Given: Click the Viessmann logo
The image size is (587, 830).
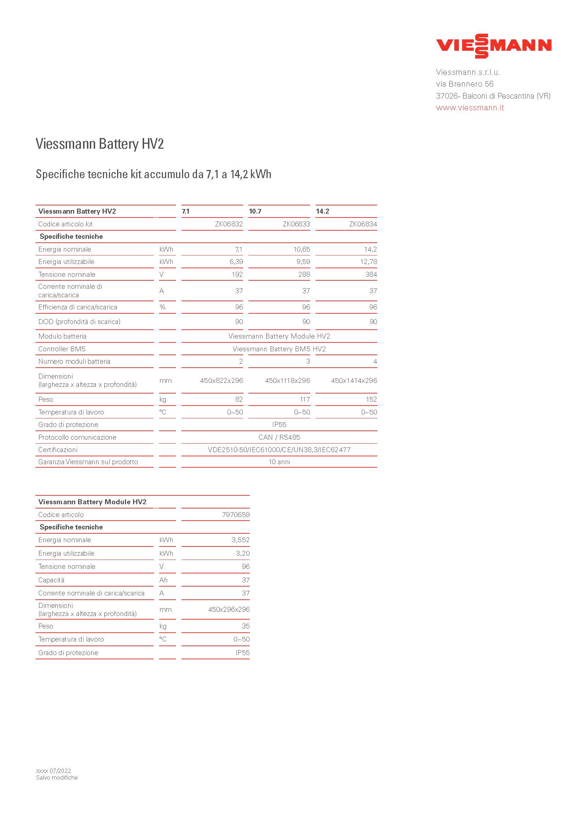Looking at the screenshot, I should [x=493, y=46].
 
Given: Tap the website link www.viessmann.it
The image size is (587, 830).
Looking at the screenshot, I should [x=470, y=108].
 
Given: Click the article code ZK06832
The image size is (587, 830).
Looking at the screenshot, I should [x=229, y=224].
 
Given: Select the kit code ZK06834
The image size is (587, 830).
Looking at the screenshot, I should [x=363, y=224].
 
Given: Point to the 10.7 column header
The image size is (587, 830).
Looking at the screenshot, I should [x=255, y=211].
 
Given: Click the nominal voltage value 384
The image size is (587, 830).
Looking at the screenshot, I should [x=371, y=274].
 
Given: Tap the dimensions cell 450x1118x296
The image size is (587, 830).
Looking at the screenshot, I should [x=287, y=381].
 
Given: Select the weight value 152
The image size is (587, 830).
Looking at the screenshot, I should [x=371, y=400].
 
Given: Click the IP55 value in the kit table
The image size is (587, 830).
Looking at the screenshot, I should [x=279, y=425].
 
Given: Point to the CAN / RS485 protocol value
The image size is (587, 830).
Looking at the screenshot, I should [x=279, y=438].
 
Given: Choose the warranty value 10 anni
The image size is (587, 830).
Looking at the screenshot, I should [x=279, y=462].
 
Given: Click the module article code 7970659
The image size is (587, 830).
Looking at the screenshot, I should [x=236, y=515].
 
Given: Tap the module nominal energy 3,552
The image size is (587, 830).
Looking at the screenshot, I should [x=240, y=540].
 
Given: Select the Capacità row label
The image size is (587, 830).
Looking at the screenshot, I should [x=51, y=580].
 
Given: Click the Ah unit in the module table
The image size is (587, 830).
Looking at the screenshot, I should [x=163, y=580].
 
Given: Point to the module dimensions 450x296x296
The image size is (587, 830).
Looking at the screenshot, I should [x=229, y=610].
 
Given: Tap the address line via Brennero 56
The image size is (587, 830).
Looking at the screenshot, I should [x=465, y=84].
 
